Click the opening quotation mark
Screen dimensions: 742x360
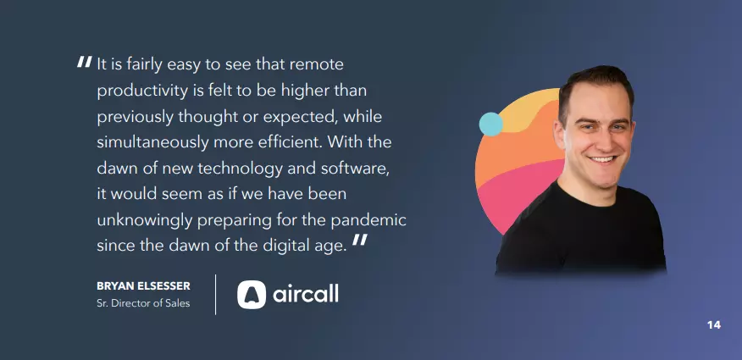point(84,62)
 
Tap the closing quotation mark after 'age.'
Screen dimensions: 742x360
point(360,240)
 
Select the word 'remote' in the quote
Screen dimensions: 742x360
point(316,65)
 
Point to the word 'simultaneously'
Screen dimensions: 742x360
point(152,143)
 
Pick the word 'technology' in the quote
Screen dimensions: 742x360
point(241,169)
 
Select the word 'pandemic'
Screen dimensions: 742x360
point(368,221)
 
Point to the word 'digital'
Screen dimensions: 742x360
point(286,246)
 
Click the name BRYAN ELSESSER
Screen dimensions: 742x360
point(143,286)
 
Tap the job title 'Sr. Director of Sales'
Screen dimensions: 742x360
point(143,304)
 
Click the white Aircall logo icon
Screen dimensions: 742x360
point(252,295)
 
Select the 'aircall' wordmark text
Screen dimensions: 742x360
point(306,294)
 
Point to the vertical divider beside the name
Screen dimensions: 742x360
point(216,295)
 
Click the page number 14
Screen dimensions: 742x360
point(714,325)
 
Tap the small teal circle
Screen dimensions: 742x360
point(490,124)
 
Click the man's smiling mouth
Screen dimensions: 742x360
point(602,159)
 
